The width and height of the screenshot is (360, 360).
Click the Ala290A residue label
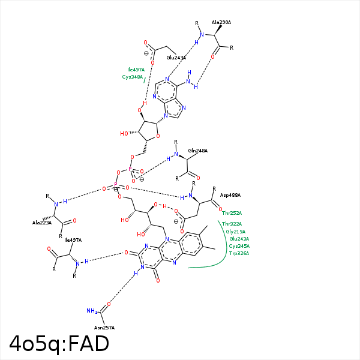(x=221, y=22)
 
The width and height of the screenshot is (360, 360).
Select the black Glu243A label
(x=176, y=58)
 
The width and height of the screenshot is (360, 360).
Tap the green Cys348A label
(x=133, y=77)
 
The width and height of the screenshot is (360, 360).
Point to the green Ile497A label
(x=135, y=70)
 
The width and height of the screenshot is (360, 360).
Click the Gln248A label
(x=197, y=151)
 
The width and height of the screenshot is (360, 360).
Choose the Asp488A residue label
(x=230, y=195)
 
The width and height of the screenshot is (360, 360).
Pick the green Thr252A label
(x=232, y=213)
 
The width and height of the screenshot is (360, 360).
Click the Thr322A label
(x=232, y=224)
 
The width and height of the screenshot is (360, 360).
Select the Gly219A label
(x=235, y=232)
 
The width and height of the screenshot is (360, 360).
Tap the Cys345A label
(x=239, y=246)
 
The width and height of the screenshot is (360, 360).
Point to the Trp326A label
(x=239, y=253)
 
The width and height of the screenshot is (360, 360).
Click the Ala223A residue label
(x=42, y=223)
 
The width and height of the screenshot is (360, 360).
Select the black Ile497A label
(x=73, y=240)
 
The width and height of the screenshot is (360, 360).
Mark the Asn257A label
(x=104, y=327)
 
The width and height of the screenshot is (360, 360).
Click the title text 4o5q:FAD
(x=59, y=344)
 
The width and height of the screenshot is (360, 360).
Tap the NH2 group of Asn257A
(x=92, y=311)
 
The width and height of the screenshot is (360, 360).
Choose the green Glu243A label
(x=239, y=239)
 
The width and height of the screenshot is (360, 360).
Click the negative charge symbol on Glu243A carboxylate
(x=146, y=53)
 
